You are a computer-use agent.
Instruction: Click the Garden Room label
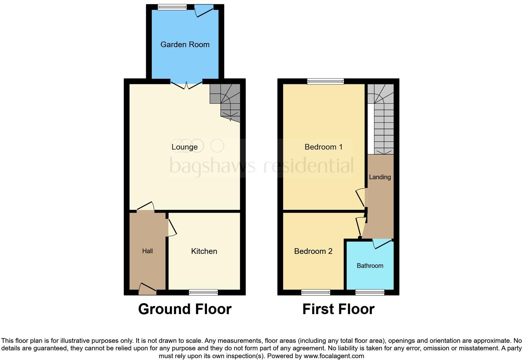[185, 45]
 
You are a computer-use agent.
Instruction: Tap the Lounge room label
[185, 147]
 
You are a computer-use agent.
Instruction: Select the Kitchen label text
[204, 251]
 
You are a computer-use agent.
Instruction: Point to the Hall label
[147, 251]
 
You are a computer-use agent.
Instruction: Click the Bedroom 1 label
[323, 147]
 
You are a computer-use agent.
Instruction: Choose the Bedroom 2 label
[313, 251]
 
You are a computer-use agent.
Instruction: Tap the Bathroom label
[370, 266]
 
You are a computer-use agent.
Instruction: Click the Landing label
[380, 177]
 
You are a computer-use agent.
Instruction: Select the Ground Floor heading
[185, 309]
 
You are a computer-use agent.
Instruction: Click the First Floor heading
[338, 309]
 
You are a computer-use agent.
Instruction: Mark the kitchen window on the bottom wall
[203, 292]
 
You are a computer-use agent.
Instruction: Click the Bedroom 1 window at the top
[325, 81]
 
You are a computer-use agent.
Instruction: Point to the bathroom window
[370, 292]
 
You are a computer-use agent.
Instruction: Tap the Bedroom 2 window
[316, 292]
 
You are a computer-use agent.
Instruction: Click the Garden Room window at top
[172, 7]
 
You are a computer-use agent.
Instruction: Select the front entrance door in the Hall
[147, 289]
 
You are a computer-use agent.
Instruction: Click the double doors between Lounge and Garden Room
[186, 85]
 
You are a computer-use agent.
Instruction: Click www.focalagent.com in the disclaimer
[334, 356]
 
